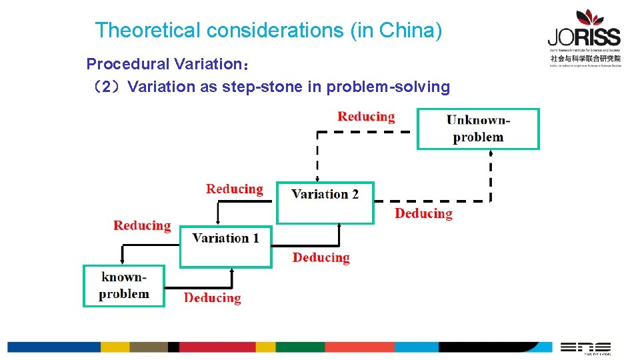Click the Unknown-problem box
(478, 129)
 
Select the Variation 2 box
(325, 202)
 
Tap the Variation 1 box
(226, 246)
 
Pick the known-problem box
(123, 285)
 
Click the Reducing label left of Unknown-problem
(366, 117)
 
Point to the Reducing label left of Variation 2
(235, 189)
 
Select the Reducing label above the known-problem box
(142, 225)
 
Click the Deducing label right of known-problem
(212, 298)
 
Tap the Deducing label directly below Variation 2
(321, 257)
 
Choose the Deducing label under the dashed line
(423, 213)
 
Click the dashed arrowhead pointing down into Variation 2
(317, 178)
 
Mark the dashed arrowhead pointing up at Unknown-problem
(491, 153)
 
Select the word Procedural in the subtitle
(128, 64)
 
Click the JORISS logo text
(584, 37)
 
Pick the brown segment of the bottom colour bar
(149, 347)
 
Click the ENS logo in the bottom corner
(585, 347)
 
